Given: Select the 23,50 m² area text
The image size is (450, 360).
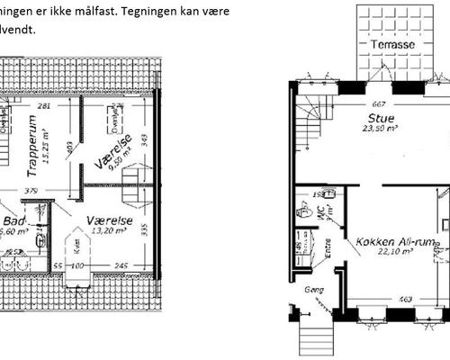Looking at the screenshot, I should point(381,129).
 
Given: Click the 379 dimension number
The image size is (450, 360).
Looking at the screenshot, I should point(31,190).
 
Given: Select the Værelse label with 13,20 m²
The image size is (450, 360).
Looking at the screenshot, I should point(110,220).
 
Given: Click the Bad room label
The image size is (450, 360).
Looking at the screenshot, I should point(13,220).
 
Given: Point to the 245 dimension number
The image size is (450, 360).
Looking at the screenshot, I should point(121,266).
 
